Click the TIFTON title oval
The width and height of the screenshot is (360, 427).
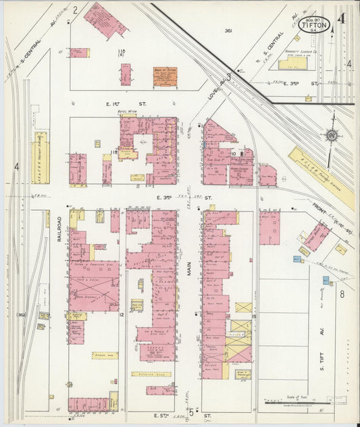tap(314, 24)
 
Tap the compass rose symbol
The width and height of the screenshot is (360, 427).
tap(331, 135)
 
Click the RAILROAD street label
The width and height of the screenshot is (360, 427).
tap(59, 229)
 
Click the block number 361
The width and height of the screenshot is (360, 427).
tap(228, 30)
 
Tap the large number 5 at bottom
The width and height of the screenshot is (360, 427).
tap(191, 411)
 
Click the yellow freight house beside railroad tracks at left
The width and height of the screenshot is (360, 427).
tap(41, 157)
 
